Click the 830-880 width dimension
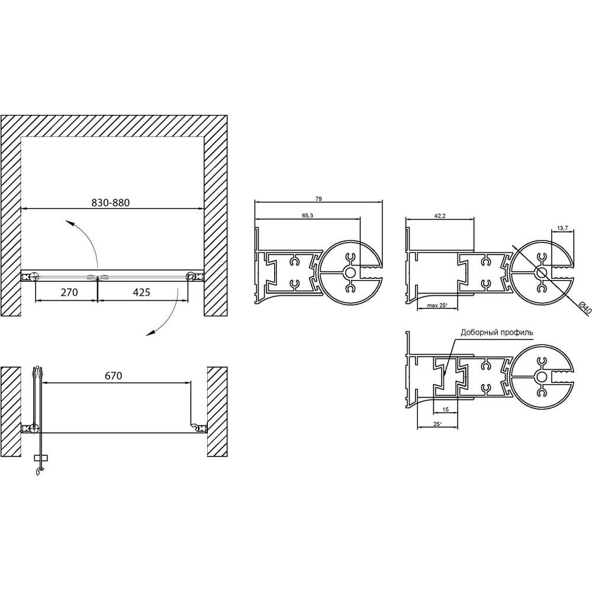point(110,202)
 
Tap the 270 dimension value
point(69,292)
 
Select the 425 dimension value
point(141,292)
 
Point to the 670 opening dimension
point(113,376)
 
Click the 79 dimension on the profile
point(318,199)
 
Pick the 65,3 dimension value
point(307,215)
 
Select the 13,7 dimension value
point(562,229)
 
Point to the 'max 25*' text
point(437,305)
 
